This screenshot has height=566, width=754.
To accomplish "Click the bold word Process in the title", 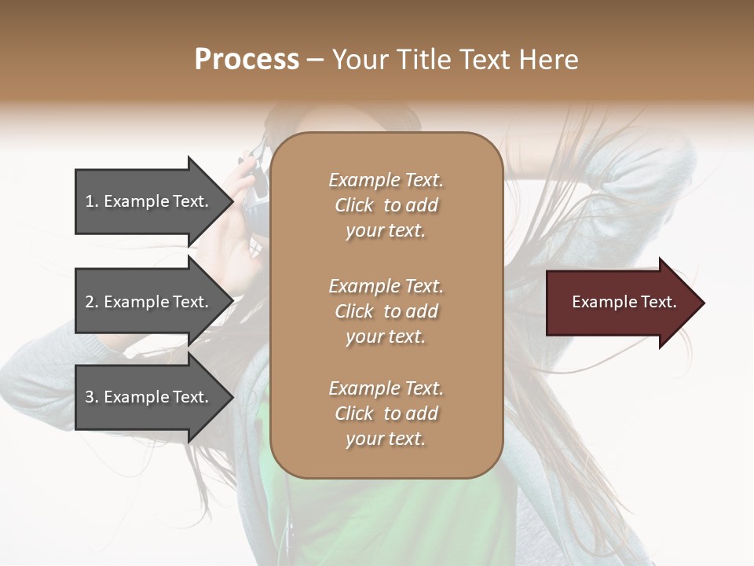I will (x=247, y=60).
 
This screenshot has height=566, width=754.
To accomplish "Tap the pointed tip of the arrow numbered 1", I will (x=232, y=201).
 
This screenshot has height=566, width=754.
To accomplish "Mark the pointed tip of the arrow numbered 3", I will (x=232, y=398).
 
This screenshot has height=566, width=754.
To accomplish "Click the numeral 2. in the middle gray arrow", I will (x=92, y=302).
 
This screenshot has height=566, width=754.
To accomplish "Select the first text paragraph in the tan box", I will (x=386, y=205).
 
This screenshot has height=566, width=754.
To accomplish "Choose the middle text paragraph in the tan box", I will (x=386, y=311).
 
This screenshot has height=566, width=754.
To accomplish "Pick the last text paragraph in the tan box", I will (x=386, y=413).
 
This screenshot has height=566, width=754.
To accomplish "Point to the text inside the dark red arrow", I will (x=624, y=302).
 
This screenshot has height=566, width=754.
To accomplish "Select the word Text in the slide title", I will (x=481, y=60).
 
